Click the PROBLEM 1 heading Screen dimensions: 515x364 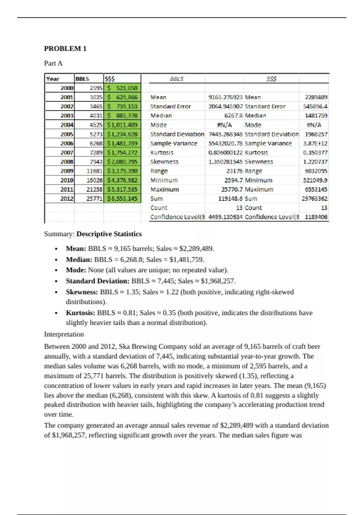(65, 48)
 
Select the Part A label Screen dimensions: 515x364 (53, 63)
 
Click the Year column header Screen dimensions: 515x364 (52, 79)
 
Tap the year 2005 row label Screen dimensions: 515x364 (67, 134)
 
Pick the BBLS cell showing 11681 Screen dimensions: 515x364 (94, 171)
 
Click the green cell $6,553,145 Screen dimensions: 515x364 (122, 199)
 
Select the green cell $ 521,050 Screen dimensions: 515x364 (122, 88)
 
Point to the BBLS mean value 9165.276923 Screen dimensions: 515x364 (225, 97)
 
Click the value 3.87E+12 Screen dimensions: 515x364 (315, 143)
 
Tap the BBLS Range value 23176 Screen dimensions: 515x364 (234, 171)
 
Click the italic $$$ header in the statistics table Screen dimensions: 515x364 (271, 79)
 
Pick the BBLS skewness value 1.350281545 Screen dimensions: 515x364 (225, 162)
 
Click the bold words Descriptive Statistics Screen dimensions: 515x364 (109, 234)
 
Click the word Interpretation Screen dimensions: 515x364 (64, 334)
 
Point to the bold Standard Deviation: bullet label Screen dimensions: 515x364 (98, 281)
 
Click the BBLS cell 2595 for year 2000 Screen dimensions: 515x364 (96, 88)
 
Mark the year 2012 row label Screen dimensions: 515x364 (67, 199)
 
